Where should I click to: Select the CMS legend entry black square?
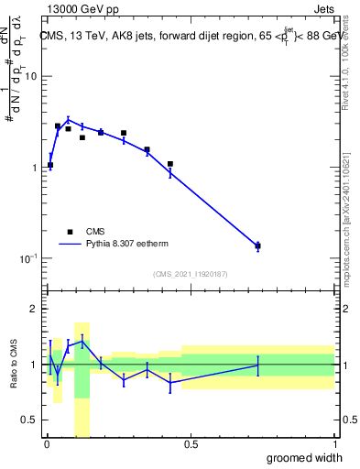[70, 233]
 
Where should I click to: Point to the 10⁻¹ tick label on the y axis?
[28, 258]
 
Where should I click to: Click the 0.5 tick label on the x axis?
[191, 446]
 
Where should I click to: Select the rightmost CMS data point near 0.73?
[257, 245]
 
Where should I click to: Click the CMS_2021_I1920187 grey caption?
[190, 274]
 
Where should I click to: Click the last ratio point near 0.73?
[257, 365]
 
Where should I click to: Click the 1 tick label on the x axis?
[334, 446]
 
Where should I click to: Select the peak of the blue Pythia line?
[68, 119]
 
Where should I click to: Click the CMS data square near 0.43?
[170, 164]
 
